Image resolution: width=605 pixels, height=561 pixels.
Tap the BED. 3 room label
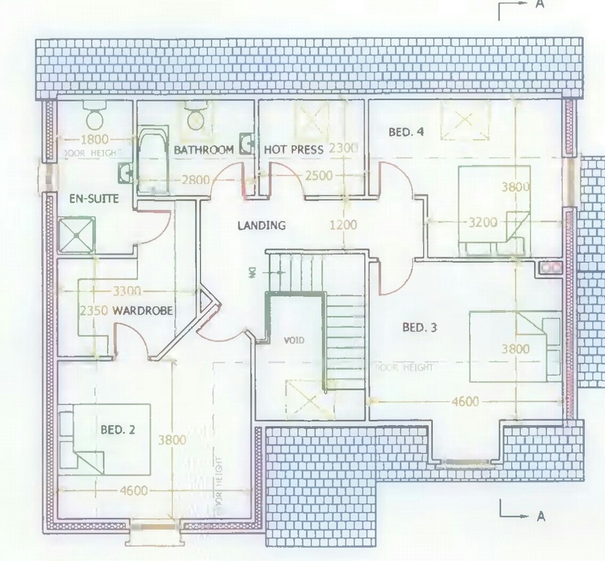coord(419,328)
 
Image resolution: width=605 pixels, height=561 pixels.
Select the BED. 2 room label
coord(117,430)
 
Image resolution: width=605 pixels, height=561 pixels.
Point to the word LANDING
coord(262,226)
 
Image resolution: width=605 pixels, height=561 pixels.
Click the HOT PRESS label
coord(293,150)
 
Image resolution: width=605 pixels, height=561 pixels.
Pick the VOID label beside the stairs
coord(292,340)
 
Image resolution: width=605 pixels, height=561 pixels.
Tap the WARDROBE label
coord(142,311)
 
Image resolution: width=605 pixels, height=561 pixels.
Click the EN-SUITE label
coord(94,199)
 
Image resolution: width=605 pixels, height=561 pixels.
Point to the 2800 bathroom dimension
coord(195,180)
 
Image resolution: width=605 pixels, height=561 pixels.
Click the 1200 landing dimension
coord(343,225)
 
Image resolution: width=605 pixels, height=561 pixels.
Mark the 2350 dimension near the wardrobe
coord(94,311)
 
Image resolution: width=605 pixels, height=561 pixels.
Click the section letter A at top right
coord(540,4)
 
